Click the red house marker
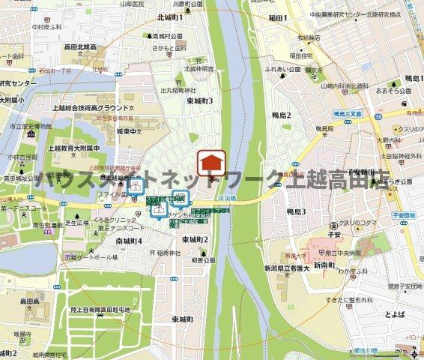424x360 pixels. pyautogui.click(x=211, y=162)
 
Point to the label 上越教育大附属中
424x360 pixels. pyautogui.click(x=78, y=147)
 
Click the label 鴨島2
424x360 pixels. pyautogui.click(x=281, y=114)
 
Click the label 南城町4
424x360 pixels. pyautogui.click(x=129, y=241)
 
